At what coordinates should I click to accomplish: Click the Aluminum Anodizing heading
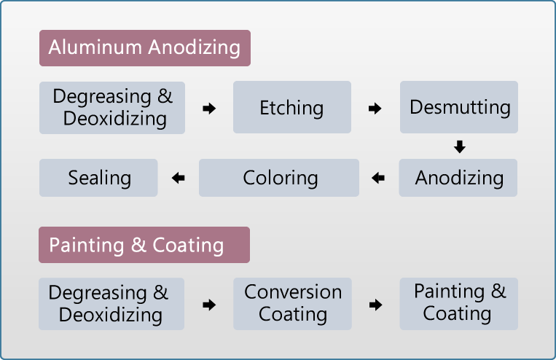tap(145, 48)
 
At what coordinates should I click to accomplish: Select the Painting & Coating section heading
tap(144, 245)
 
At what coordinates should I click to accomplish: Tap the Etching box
tap(292, 107)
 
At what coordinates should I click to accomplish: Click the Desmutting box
tap(459, 107)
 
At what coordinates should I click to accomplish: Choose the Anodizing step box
tap(458, 178)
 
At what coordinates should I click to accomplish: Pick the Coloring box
tap(279, 178)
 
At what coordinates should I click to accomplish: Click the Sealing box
tap(98, 178)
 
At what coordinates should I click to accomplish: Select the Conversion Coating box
tap(292, 304)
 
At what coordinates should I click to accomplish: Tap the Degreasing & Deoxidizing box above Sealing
tap(112, 108)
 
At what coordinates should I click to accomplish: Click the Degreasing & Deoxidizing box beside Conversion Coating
tap(111, 304)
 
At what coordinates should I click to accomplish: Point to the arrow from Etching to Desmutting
tap(375, 108)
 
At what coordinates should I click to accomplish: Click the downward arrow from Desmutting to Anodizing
tap(460, 146)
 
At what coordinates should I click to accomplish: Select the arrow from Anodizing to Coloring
tap(378, 178)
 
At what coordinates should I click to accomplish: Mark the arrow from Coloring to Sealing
tap(178, 178)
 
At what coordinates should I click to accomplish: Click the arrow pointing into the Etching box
tap(209, 108)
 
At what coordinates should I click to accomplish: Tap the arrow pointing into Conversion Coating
tap(209, 305)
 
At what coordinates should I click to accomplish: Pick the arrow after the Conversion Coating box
tap(376, 305)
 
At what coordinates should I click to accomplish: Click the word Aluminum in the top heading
tap(95, 47)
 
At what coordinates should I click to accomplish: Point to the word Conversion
tap(293, 292)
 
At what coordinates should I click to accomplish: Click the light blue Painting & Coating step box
tap(459, 304)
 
